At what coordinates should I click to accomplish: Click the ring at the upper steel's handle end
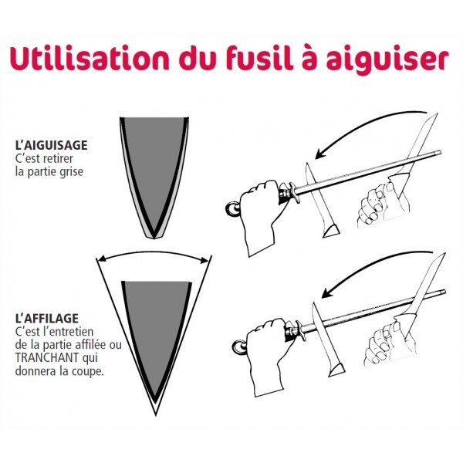232,207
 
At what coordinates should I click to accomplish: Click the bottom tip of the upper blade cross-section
154,235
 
